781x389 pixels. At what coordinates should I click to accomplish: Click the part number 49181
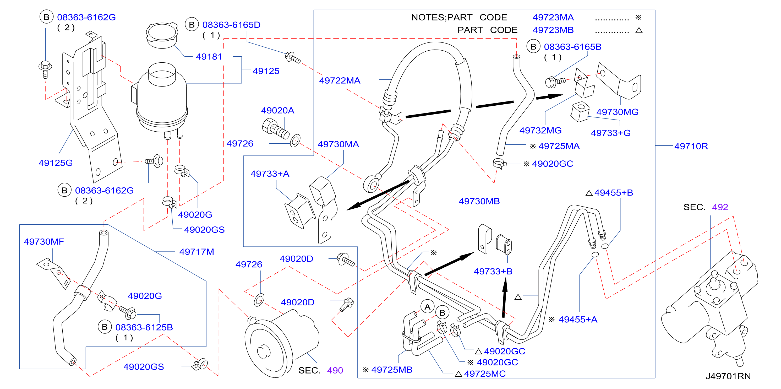tap(209, 57)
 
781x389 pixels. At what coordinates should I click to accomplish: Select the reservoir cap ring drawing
tap(162, 35)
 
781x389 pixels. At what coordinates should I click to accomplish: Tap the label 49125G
tap(56, 163)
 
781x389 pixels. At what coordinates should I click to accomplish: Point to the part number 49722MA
tap(340, 80)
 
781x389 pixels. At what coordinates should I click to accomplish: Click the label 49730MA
tap(338, 144)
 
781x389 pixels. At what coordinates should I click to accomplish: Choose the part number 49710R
tap(691, 146)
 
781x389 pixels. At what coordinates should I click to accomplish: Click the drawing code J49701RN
tap(728, 376)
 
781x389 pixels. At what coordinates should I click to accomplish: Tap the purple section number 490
tap(335, 370)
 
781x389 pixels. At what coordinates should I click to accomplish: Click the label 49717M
tap(196, 252)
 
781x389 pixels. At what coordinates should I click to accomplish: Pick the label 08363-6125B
tap(144, 327)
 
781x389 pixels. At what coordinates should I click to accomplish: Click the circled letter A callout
tap(427, 307)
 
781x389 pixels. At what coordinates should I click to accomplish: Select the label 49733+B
tap(493, 271)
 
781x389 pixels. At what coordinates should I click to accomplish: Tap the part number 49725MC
tap(485, 374)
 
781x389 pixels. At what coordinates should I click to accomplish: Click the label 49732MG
tap(540, 131)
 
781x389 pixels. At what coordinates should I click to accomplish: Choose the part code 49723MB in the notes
tap(553, 30)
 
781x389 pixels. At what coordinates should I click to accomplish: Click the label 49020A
tap(277, 110)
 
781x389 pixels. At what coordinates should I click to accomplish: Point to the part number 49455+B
tap(614, 193)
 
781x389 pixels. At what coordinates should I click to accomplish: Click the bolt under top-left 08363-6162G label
tap(45, 69)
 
